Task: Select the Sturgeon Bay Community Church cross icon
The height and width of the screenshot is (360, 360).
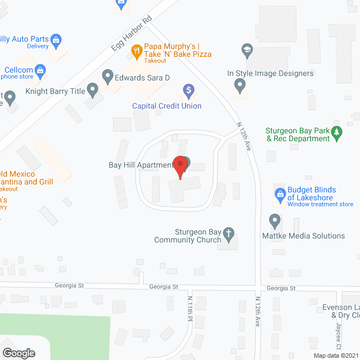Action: [228, 233]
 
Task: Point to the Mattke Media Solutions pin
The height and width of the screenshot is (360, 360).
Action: [275, 220]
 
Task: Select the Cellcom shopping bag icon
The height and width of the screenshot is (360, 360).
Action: [39, 70]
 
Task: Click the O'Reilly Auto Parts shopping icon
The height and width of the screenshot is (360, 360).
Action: [56, 40]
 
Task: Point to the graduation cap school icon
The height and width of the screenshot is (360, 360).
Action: [246, 50]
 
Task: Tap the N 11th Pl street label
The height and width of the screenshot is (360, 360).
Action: [190, 310]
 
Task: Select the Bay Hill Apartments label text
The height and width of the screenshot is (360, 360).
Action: [141, 165]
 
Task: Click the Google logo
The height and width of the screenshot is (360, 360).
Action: [18, 353]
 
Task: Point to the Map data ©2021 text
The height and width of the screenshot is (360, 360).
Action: [335, 355]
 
